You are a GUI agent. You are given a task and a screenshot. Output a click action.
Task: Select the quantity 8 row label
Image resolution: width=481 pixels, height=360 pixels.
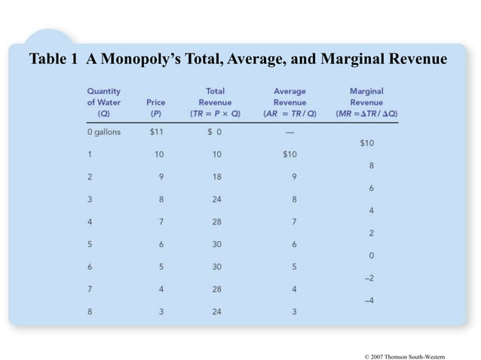click(90, 312)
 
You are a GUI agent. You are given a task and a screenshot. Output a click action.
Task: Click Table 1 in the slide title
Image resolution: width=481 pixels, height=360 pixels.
click(54, 59)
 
